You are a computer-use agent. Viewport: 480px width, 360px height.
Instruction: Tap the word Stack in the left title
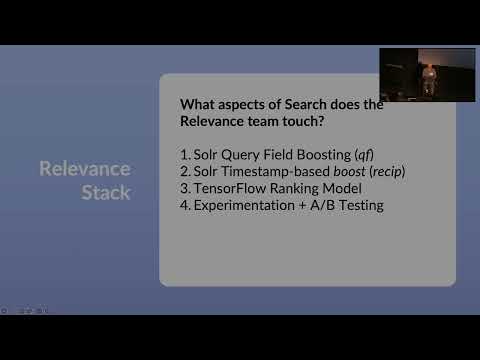(106, 191)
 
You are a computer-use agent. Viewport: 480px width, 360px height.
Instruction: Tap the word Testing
(363, 205)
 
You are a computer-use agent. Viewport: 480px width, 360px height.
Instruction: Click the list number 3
(184, 188)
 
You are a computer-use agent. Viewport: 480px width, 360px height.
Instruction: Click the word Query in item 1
(237, 155)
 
